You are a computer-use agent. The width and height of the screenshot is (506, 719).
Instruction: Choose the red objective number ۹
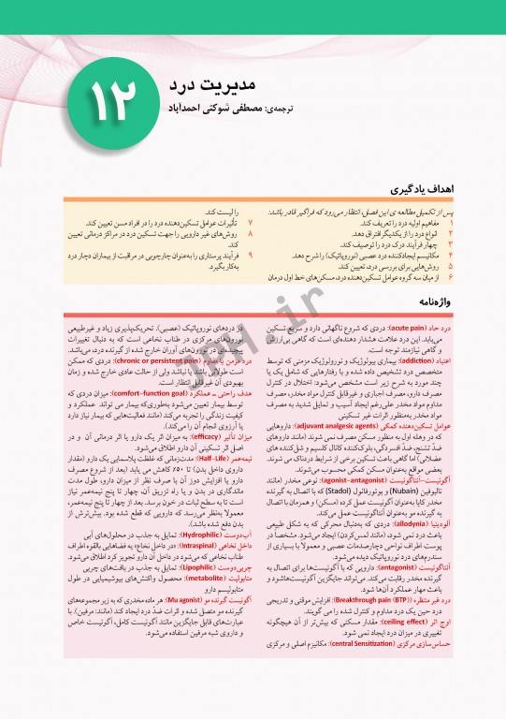tap(250, 254)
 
